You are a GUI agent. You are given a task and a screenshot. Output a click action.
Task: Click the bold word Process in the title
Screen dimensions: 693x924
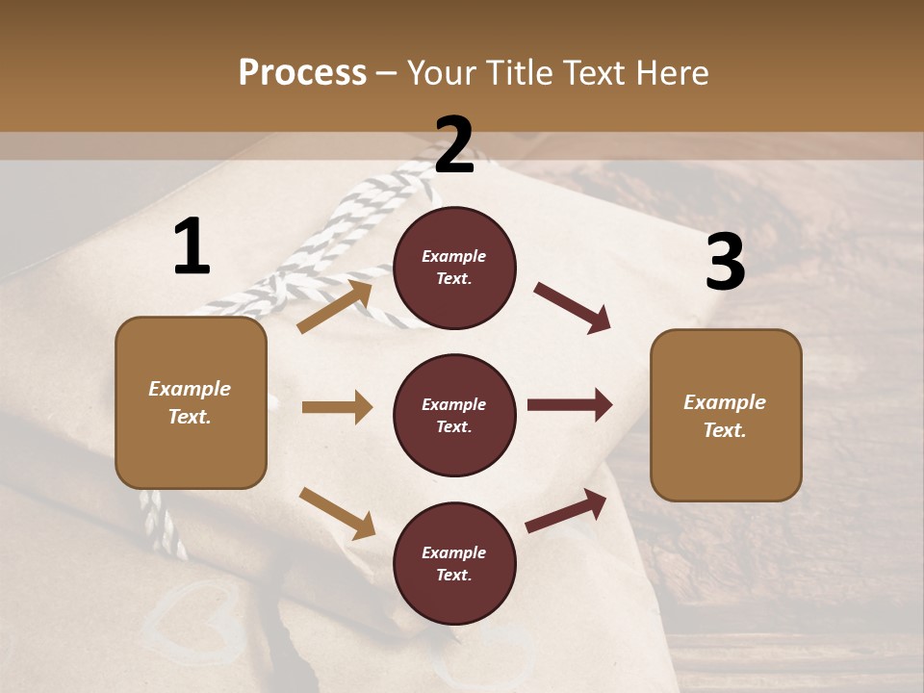click(x=302, y=73)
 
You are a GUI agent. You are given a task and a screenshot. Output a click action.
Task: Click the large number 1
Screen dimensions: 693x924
click(x=192, y=247)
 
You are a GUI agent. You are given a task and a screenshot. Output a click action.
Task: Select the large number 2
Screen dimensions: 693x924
click(x=454, y=145)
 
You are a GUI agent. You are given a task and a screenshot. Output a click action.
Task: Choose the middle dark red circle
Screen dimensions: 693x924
click(x=454, y=415)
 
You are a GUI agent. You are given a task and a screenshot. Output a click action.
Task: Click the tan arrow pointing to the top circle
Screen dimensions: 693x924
click(x=336, y=306)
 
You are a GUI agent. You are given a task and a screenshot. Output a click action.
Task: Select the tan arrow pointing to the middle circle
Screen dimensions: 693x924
click(x=337, y=407)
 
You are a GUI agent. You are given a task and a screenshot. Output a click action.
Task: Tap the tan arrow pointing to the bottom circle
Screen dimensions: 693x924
click(x=338, y=513)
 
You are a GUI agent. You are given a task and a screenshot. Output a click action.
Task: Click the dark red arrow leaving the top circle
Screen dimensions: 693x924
click(x=573, y=308)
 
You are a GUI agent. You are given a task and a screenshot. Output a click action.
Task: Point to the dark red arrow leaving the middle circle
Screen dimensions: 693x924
click(x=570, y=404)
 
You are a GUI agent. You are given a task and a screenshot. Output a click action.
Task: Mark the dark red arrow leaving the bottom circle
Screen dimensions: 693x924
click(x=567, y=510)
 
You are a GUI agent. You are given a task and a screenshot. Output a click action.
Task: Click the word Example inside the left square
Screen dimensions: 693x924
click(x=190, y=389)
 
